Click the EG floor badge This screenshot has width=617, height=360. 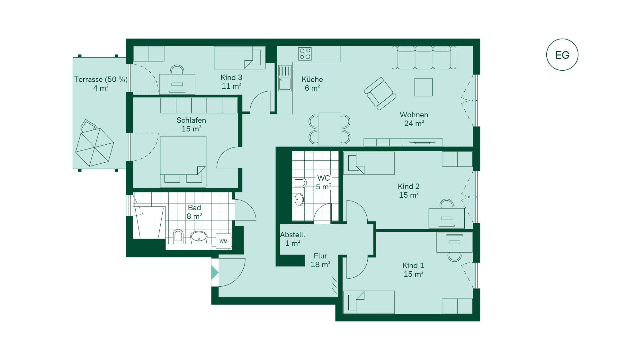[x=562, y=55]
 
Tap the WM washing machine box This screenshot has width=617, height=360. [x=223, y=241]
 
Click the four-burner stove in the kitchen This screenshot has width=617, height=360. [x=305, y=54]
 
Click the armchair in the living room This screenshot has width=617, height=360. [x=380, y=94]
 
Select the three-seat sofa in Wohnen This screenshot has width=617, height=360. [x=424, y=58]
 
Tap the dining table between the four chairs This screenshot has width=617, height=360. [x=329, y=129]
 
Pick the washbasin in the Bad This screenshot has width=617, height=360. [x=199, y=238]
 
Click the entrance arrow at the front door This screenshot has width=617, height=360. [x=215, y=273]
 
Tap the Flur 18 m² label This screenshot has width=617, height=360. [x=320, y=260]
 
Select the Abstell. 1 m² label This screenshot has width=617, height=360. [x=292, y=239]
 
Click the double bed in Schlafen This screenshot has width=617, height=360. [x=183, y=162]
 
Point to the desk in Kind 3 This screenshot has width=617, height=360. [x=177, y=84]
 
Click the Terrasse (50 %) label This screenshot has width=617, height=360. [x=101, y=79]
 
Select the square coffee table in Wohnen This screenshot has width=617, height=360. [x=424, y=87]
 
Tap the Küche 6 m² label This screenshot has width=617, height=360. [x=312, y=84]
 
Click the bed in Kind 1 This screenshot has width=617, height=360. [x=369, y=302]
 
